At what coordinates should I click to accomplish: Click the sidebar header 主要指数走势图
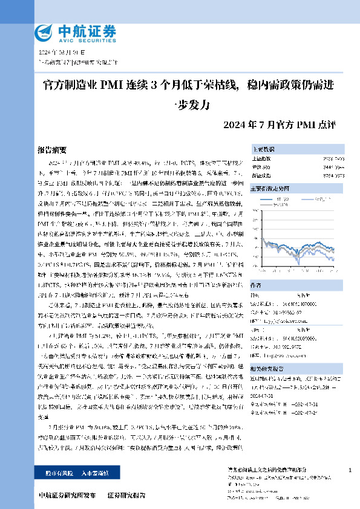pos(270,189)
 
